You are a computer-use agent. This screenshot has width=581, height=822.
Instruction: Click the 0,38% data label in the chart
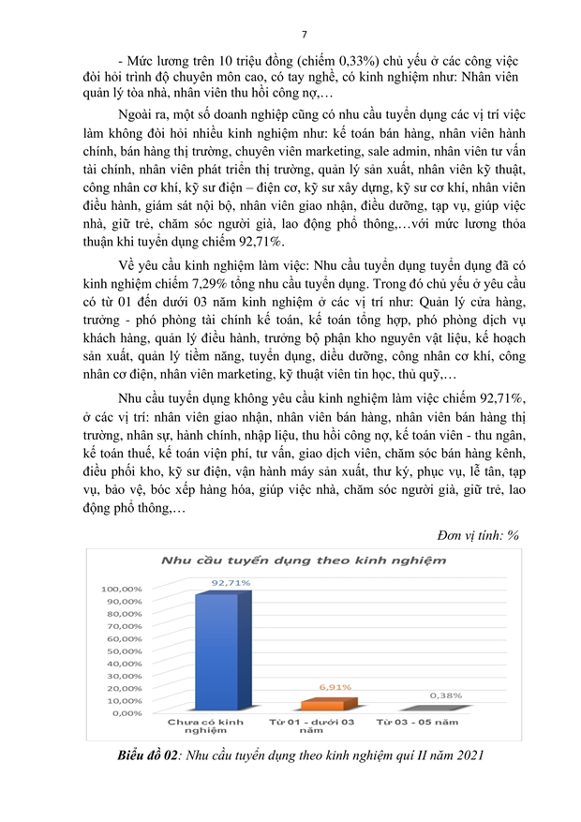445,695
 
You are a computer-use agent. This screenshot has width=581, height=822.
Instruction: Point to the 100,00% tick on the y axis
122,588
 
